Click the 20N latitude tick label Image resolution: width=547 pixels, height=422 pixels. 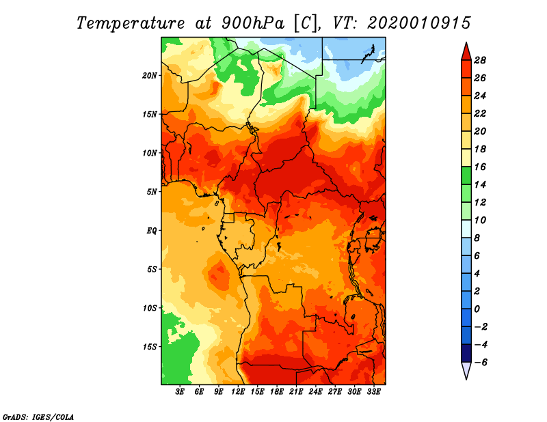150,76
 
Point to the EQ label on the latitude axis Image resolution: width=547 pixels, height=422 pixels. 152,231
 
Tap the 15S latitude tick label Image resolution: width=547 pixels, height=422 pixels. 150,347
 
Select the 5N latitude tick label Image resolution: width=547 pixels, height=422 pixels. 152,192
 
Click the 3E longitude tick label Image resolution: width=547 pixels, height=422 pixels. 180,392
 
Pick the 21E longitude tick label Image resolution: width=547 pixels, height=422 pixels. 296,392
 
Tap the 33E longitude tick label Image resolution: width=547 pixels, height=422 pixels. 373,392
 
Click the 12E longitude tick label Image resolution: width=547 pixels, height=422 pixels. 238,392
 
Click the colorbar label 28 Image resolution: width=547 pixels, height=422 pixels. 480,61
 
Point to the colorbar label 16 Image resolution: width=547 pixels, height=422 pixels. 480,167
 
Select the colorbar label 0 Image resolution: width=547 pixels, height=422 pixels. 477,309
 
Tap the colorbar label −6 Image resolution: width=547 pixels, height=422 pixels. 481,363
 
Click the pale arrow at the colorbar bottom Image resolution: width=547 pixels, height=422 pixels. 466,370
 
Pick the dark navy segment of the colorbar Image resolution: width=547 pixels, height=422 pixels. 466,353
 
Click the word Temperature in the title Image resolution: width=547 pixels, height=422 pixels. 131,23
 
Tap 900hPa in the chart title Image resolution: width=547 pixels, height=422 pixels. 253,23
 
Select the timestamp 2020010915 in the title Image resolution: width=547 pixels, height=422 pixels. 419,23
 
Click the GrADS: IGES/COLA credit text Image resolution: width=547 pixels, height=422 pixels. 38,417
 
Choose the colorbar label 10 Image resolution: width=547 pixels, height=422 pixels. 480,221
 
